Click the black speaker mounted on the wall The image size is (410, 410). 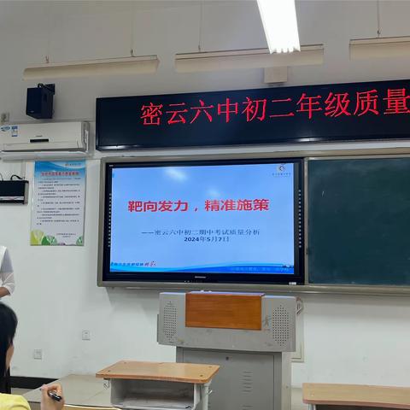point(39,101)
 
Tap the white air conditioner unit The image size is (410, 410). point(45,138)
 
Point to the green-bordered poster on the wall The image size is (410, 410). point(58,203)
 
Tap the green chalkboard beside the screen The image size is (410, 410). point(358,220)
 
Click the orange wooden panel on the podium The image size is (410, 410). point(224,312)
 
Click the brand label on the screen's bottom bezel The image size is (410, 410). point(202,278)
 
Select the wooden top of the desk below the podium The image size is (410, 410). point(158,371)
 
